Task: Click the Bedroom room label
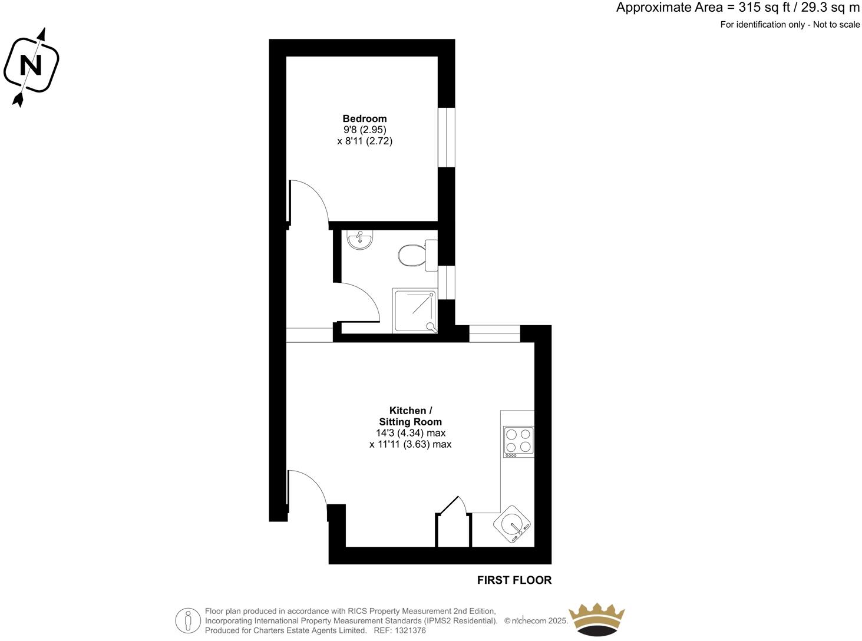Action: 364,118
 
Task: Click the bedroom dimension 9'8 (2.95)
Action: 364,130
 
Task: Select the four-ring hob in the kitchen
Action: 518,441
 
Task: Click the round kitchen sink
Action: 514,524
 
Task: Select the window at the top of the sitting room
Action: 494,333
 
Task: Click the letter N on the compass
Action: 31,64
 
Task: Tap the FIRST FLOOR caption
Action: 514,580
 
